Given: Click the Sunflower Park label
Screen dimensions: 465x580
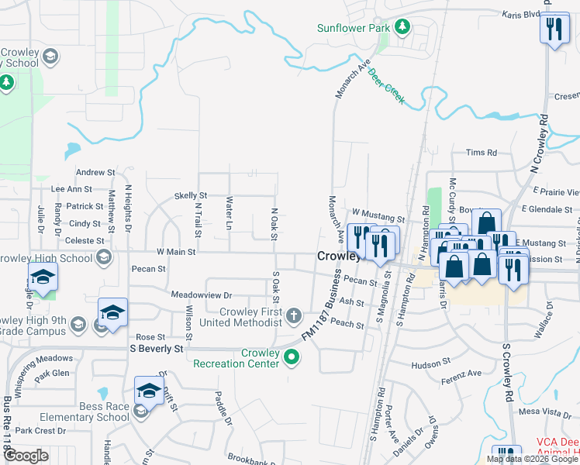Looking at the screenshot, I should [354, 29].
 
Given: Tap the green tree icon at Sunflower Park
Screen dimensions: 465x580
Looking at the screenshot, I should [402, 28].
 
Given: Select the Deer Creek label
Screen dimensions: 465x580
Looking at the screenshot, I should [386, 87].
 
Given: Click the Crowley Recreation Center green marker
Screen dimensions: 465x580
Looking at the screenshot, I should [292, 357].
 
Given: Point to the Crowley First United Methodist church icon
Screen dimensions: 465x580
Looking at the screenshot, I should [293, 315].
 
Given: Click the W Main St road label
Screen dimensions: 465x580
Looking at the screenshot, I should [176, 252].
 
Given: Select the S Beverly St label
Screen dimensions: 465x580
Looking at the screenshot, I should [156, 350].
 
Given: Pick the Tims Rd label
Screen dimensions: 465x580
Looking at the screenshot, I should [481, 153].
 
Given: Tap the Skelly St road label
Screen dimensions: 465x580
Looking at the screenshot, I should [191, 196].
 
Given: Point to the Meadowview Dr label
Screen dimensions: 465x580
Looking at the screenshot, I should [202, 295].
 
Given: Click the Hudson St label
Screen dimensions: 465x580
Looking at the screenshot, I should [426, 363].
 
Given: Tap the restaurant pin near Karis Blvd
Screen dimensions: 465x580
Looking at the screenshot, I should [554, 29].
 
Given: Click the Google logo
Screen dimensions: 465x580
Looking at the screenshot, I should [26, 456].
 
